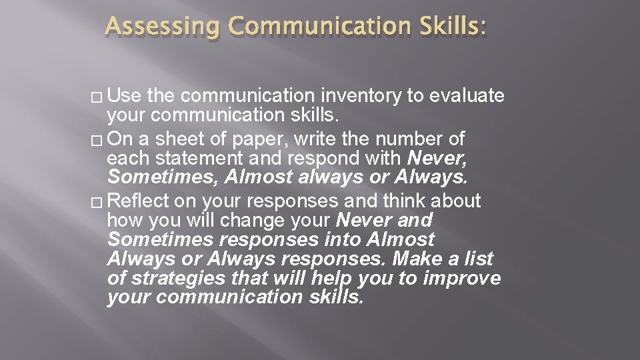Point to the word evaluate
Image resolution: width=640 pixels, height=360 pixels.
click(x=467, y=97)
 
